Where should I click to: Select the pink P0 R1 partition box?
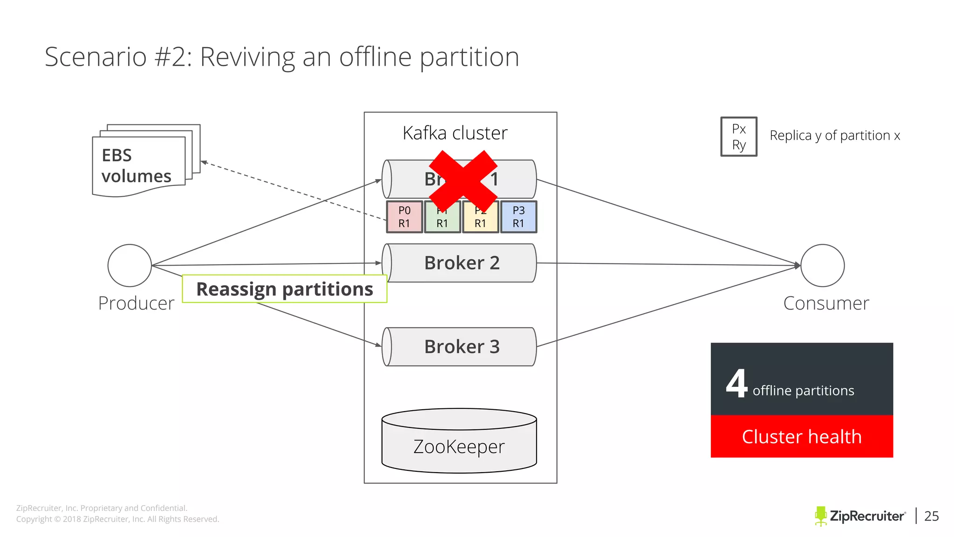(404, 217)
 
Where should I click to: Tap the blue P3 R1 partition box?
(518, 217)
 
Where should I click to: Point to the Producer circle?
(129, 265)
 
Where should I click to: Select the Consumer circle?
(822, 265)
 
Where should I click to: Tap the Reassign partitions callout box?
(285, 289)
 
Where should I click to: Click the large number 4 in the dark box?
(736, 384)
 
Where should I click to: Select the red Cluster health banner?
(801, 437)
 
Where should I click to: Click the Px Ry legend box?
(739, 137)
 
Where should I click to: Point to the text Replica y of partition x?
(835, 136)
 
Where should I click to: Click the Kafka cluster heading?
(455, 133)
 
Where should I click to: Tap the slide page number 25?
(931, 516)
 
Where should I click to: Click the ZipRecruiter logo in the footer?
(860, 516)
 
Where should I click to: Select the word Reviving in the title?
(247, 57)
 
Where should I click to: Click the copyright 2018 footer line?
(117, 519)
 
